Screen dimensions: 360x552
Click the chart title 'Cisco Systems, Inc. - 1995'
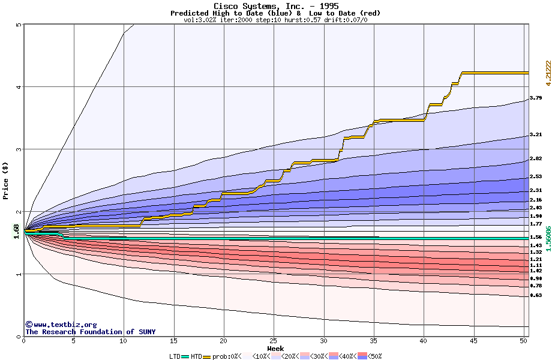275,6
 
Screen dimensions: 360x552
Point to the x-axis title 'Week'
275,348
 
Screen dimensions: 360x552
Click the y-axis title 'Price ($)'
6,180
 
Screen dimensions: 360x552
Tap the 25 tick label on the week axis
274,341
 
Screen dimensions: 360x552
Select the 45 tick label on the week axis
473,341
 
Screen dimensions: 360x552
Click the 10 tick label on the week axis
124,341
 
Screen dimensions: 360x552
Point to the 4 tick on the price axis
19,87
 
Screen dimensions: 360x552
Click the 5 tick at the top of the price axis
19,25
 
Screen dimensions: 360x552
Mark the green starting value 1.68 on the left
16,230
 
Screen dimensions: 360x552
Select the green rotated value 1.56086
547,238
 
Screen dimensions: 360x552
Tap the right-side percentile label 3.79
536,98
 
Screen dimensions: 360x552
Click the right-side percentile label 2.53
536,176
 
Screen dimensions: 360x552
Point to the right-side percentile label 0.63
536,295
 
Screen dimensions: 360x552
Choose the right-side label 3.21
536,135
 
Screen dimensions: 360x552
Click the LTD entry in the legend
175,356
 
